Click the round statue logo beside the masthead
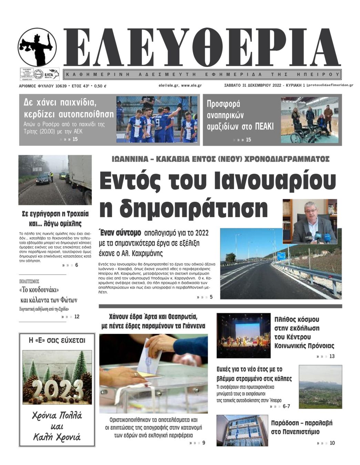coord(37,47)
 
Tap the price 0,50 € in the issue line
coord(100,86)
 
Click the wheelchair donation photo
coord(309,120)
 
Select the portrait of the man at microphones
coord(309,221)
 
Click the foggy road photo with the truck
coord(55,180)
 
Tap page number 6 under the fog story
coord(76,265)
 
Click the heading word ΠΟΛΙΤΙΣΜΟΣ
coord(29,281)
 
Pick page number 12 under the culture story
coord(76,317)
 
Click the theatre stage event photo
coord(243,335)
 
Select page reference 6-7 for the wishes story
coord(286,406)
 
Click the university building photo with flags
coord(242,430)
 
